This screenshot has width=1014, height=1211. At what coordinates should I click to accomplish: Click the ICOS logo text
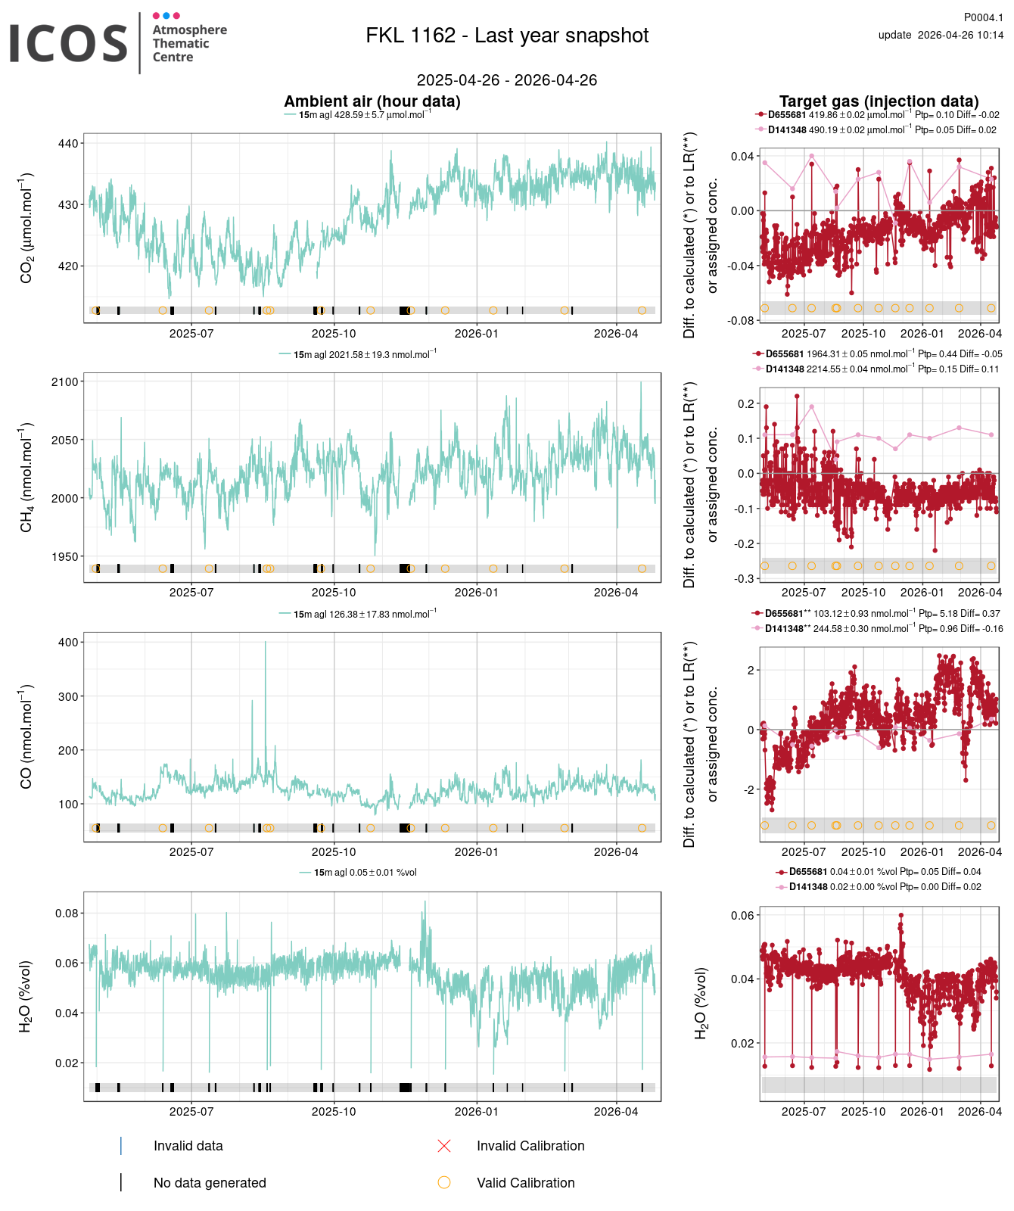pyautogui.click(x=68, y=43)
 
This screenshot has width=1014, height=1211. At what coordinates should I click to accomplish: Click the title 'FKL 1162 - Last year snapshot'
pyautogui.click(x=507, y=36)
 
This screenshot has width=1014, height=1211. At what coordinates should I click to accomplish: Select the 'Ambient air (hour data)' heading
pyautogui.click(x=372, y=101)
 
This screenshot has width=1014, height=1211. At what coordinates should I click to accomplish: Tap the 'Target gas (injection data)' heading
pyautogui.click(x=879, y=101)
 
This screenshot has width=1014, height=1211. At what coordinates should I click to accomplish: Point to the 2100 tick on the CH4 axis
pyautogui.click(x=64, y=382)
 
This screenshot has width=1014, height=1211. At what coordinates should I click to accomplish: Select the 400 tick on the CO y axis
pyautogui.click(x=67, y=642)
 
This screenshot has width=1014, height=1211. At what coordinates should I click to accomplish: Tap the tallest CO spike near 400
pyautogui.click(x=265, y=643)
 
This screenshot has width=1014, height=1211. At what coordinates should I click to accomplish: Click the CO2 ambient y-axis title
pyautogui.click(x=26, y=227)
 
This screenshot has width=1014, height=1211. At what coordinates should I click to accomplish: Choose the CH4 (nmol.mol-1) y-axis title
pyautogui.click(x=26, y=477)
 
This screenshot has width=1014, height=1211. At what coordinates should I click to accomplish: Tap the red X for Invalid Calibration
pyautogui.click(x=444, y=1146)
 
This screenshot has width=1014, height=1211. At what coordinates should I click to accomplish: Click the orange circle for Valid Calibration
pyautogui.click(x=444, y=1182)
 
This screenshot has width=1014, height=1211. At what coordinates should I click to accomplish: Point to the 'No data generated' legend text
pyautogui.click(x=210, y=1183)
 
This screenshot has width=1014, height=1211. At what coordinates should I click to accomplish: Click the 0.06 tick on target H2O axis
pyautogui.click(x=742, y=916)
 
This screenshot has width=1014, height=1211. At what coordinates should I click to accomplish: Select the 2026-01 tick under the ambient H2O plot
pyautogui.click(x=476, y=1111)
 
